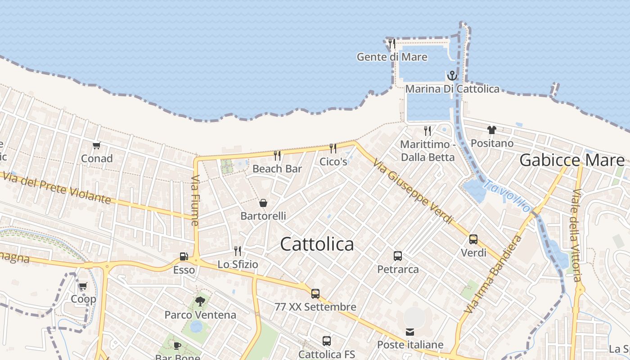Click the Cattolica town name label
317,244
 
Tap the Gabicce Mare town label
572,160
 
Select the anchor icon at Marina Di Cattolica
452,75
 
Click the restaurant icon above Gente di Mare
392,44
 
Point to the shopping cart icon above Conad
97,145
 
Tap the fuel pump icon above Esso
184,256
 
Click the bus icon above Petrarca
398,256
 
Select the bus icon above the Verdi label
473,239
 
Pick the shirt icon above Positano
492,130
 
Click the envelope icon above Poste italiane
410,332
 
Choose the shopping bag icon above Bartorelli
263,203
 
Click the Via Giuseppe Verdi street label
412,191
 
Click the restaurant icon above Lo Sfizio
238,251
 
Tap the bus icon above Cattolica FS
327,341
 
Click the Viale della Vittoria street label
577,235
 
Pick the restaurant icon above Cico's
333,148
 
